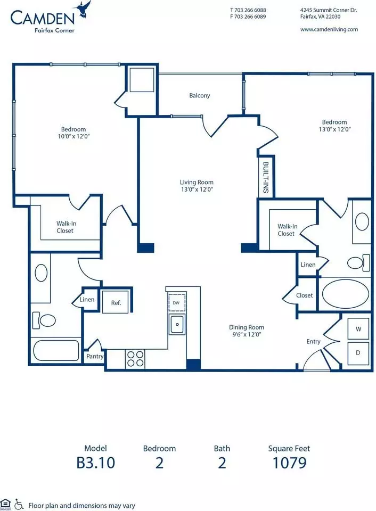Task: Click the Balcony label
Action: point(200,95)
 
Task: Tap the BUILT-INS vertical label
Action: point(266,177)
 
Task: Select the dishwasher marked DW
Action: point(176,303)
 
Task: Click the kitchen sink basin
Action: point(177,324)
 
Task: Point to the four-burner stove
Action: point(135,359)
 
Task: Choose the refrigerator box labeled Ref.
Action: point(116,302)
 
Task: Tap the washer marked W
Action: point(358,329)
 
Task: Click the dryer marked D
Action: point(358,352)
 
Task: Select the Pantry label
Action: point(95,356)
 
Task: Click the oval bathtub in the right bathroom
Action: point(345,293)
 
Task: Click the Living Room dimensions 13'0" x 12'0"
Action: point(197,189)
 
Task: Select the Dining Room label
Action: point(247,327)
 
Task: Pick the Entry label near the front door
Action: point(313,342)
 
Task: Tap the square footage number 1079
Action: point(290,463)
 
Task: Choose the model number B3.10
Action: point(95,463)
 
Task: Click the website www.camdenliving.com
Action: point(329,29)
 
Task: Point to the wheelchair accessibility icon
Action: point(19,505)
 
